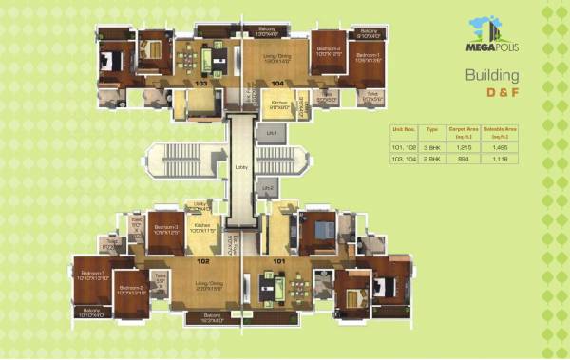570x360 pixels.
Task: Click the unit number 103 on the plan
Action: (201, 84)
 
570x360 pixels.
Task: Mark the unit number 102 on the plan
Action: (203, 259)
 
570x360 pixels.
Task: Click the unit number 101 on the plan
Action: (280, 259)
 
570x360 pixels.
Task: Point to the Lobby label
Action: (240, 167)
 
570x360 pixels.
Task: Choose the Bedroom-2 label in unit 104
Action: (329, 49)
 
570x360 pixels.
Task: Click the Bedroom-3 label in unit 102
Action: (166, 229)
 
